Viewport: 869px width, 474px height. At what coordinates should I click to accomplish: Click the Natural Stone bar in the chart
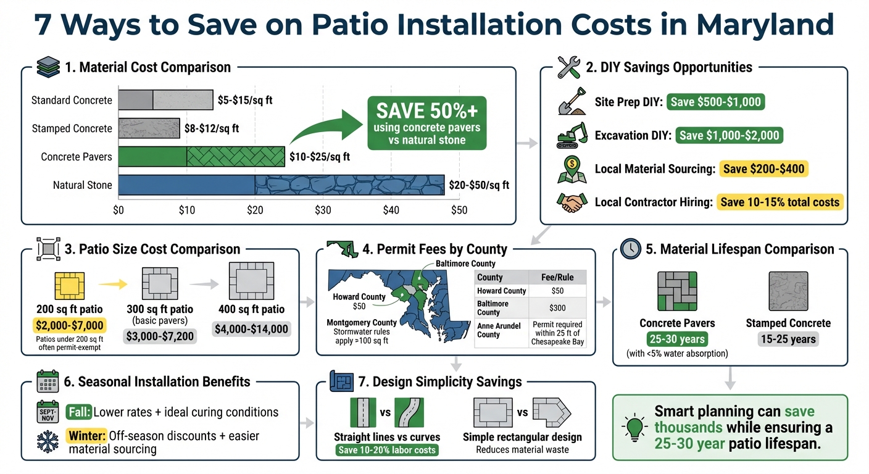click(281, 185)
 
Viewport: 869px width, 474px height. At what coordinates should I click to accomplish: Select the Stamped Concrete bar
click(149, 128)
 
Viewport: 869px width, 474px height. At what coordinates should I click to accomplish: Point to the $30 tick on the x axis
click(322, 210)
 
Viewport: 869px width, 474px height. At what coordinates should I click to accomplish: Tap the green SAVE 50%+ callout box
click(426, 122)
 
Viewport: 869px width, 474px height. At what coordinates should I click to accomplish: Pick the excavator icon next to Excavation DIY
click(572, 135)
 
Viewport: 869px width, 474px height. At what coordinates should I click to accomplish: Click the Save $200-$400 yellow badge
click(763, 168)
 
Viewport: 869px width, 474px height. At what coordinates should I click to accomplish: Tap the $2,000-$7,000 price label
click(68, 325)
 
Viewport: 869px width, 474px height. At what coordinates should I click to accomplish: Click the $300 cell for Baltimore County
click(557, 307)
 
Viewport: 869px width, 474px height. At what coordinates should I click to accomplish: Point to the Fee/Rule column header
click(557, 277)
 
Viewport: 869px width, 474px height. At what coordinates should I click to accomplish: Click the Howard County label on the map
click(359, 297)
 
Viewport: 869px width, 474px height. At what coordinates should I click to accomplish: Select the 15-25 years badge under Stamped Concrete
click(788, 339)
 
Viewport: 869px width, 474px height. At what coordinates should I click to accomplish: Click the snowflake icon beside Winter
click(48, 442)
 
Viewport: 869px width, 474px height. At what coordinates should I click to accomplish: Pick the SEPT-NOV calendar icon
click(48, 412)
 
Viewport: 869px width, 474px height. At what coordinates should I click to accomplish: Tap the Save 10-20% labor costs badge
click(387, 450)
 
